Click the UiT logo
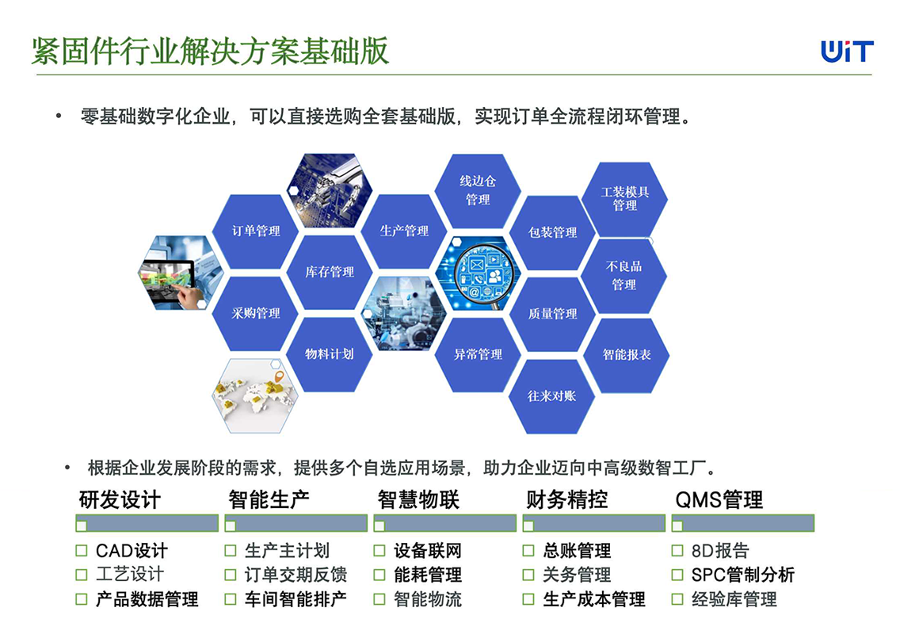847,51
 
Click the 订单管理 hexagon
255,231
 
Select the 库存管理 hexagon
330,272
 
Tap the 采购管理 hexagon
255,314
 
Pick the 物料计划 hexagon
330,354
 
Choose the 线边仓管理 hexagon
478,191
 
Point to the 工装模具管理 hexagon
624,199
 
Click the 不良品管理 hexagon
624,276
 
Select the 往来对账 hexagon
551,396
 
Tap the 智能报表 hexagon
626,355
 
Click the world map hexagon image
255,396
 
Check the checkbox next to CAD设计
82,551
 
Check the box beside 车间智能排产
231,599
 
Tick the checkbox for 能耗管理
379,575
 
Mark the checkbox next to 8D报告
677,551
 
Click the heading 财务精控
567,499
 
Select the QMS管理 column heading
719,499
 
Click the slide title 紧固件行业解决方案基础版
210,52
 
